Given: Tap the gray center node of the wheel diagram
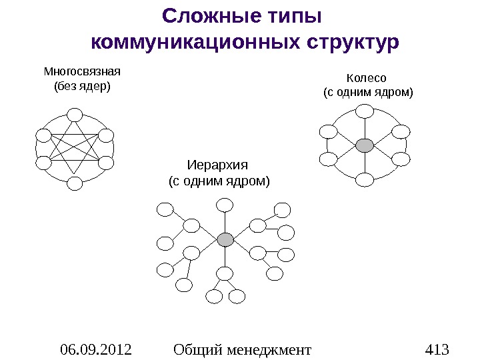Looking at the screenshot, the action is coord(365,145).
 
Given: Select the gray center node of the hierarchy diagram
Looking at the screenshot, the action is coord(225,239).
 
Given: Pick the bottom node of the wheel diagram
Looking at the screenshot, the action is coord(365,179).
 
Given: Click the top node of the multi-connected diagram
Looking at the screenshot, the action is coord(75,115).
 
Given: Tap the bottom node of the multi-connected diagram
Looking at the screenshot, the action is coord(75,183).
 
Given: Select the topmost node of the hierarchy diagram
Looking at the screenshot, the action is coord(225,203).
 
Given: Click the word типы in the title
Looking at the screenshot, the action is coord(289,15).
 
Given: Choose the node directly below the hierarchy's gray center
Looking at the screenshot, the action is coord(225,273).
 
